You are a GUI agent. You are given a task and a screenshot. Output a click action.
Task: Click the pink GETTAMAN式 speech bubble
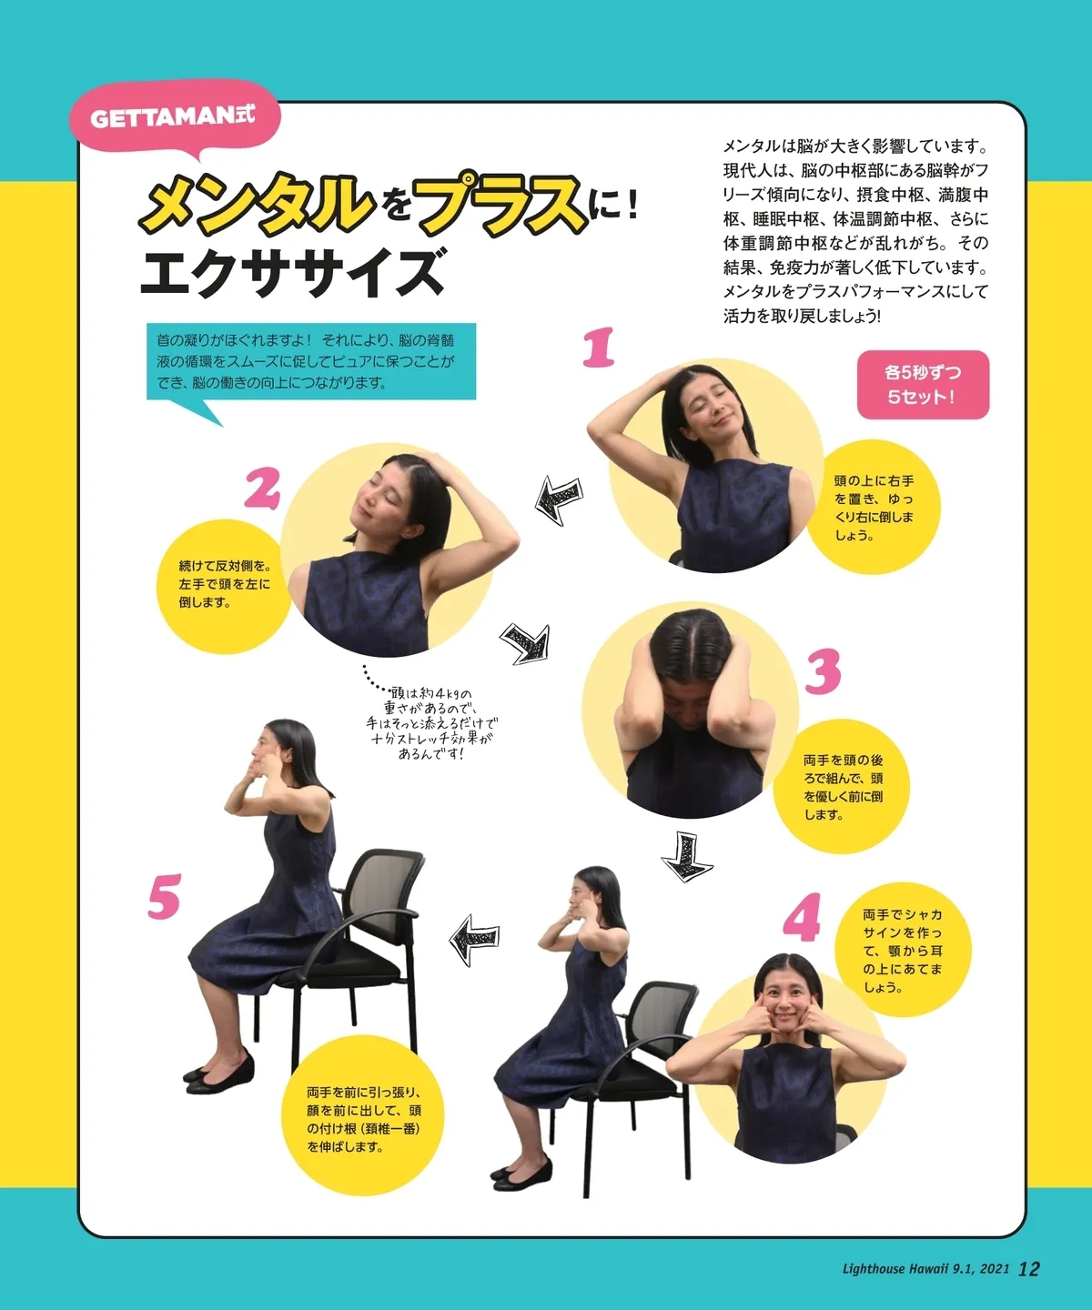175,119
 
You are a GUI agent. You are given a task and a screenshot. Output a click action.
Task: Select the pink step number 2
262,489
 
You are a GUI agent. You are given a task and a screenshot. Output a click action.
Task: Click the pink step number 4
802,917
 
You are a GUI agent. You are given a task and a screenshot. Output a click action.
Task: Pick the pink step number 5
165,897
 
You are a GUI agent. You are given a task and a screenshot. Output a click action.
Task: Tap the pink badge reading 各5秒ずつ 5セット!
923,385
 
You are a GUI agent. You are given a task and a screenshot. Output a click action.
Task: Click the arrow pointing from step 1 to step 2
559,499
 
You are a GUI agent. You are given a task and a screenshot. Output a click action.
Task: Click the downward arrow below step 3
686,856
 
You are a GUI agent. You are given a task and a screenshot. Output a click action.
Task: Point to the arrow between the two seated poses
474,939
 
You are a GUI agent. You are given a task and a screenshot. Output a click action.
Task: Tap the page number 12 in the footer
1028,1268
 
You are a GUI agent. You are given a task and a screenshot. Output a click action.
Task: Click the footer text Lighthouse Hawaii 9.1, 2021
925,1269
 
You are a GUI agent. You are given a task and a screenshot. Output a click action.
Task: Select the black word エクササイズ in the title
293,272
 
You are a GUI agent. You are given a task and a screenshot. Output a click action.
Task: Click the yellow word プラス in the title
501,203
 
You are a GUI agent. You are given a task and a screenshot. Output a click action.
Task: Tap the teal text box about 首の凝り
311,361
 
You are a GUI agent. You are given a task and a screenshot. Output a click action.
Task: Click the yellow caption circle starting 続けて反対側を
223,586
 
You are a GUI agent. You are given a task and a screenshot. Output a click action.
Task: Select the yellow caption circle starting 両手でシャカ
903,950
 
